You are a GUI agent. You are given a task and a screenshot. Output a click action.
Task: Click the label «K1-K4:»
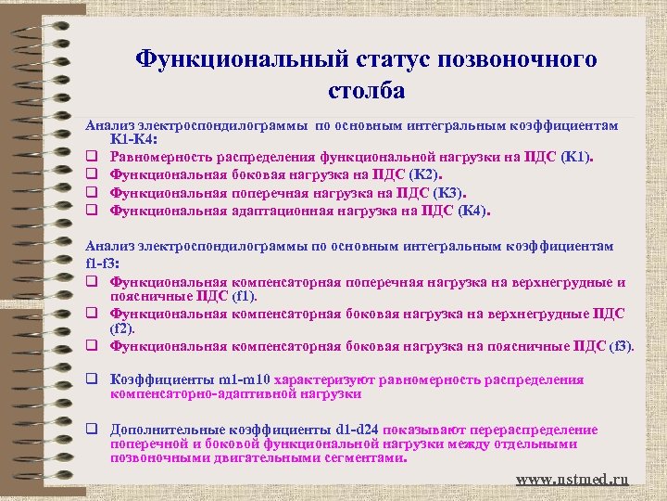[x=133, y=139]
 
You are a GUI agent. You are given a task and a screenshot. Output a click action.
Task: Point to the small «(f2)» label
[x=122, y=328]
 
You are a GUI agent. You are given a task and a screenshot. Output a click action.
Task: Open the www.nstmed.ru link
[x=572, y=479]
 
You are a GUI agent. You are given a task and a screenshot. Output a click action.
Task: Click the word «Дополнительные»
[x=163, y=430]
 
